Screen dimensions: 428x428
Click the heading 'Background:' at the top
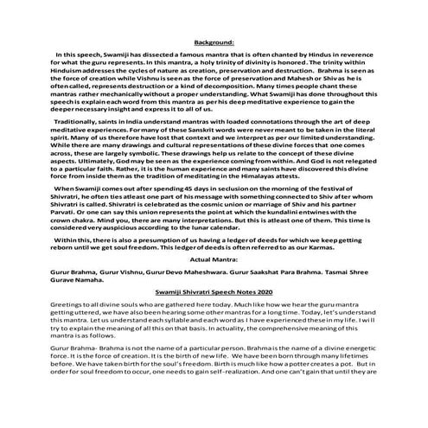pos(214,41)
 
